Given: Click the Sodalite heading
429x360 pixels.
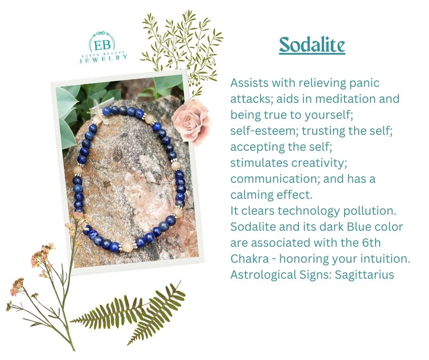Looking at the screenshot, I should pos(312,45).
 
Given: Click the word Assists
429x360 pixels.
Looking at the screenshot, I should pos(249,84).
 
